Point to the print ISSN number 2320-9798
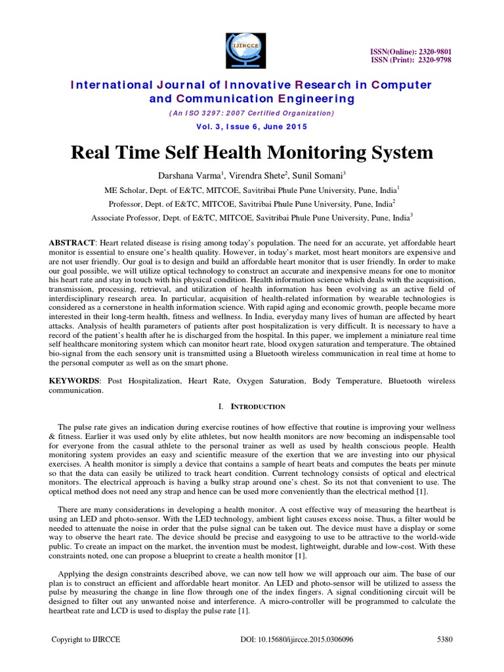[430, 60]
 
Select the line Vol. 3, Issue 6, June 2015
[252, 126]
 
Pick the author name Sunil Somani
[319, 175]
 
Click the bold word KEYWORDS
[75, 381]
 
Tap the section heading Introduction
[259, 406]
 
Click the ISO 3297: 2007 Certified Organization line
[252, 113]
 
